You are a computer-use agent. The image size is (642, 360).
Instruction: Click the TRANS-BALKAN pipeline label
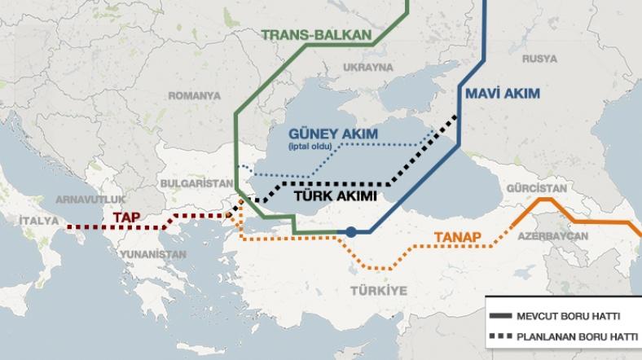pos(317,35)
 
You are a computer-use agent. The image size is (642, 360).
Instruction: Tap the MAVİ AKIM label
pos(502,94)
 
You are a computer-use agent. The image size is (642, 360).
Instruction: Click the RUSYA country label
pos(539,59)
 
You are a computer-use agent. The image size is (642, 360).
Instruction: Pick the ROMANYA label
pos(194,95)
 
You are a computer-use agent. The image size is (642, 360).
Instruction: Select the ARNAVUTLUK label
pos(90,199)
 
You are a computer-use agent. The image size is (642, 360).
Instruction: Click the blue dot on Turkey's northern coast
pos(350,232)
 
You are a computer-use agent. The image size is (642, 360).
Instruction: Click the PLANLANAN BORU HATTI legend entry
pos(562,336)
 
